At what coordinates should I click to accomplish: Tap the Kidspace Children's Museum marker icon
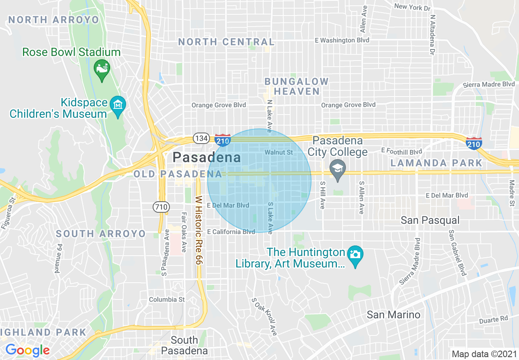118,105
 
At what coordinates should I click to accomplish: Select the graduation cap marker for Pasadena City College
337,169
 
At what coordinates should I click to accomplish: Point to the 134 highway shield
201,138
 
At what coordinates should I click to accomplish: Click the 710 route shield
161,207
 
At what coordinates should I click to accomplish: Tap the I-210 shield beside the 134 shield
222,140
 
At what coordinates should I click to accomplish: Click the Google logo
27,350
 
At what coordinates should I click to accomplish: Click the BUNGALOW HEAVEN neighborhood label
297,86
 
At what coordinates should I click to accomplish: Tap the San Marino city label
393,315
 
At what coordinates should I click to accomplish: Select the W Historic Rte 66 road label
199,229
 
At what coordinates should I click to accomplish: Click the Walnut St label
279,152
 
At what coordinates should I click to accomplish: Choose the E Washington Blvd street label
342,40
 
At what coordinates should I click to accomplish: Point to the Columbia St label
167,299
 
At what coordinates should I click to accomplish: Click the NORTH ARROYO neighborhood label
54,20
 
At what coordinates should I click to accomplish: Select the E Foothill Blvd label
401,151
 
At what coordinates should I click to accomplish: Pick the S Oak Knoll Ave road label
264,317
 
